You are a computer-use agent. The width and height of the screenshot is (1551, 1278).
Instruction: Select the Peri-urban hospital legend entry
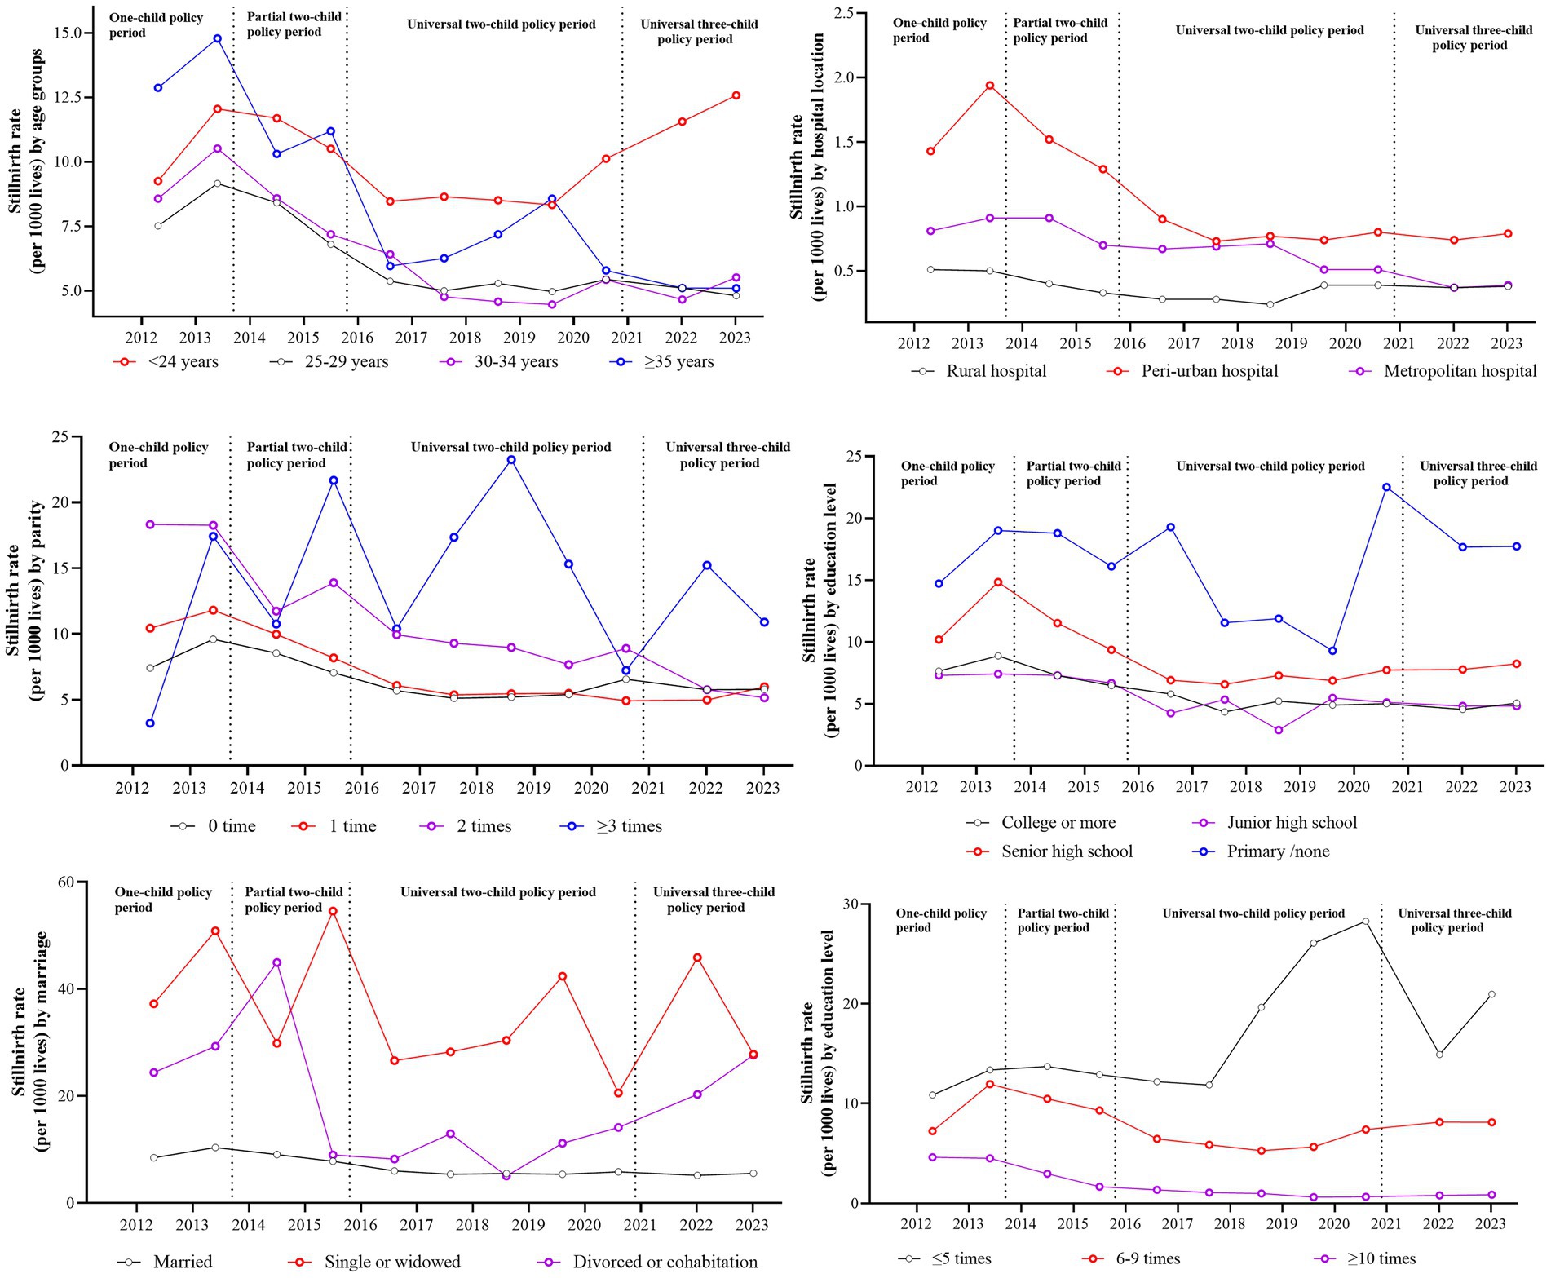1209,371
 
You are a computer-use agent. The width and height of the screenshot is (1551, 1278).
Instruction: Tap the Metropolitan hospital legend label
1460,371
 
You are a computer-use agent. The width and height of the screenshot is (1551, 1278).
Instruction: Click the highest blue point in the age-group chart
217,38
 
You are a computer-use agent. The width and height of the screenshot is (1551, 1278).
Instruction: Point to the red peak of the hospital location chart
989,85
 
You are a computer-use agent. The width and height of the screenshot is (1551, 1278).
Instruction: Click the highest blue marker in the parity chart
511,460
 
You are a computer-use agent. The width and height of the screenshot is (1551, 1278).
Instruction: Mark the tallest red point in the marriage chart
333,911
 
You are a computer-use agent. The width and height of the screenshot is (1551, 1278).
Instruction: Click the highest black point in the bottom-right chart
1365,922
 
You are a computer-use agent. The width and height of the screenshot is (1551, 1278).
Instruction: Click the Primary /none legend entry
1278,851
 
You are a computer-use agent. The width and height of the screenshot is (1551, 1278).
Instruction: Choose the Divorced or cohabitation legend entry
665,1262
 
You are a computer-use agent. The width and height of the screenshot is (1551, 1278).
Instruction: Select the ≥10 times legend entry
1381,1258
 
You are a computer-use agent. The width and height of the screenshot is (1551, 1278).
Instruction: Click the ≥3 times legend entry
628,826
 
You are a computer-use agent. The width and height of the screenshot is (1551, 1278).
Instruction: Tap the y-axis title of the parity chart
24,602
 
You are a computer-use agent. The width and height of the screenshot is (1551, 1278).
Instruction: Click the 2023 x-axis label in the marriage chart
752,1224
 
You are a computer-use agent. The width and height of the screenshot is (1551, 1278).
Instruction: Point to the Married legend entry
183,1262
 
